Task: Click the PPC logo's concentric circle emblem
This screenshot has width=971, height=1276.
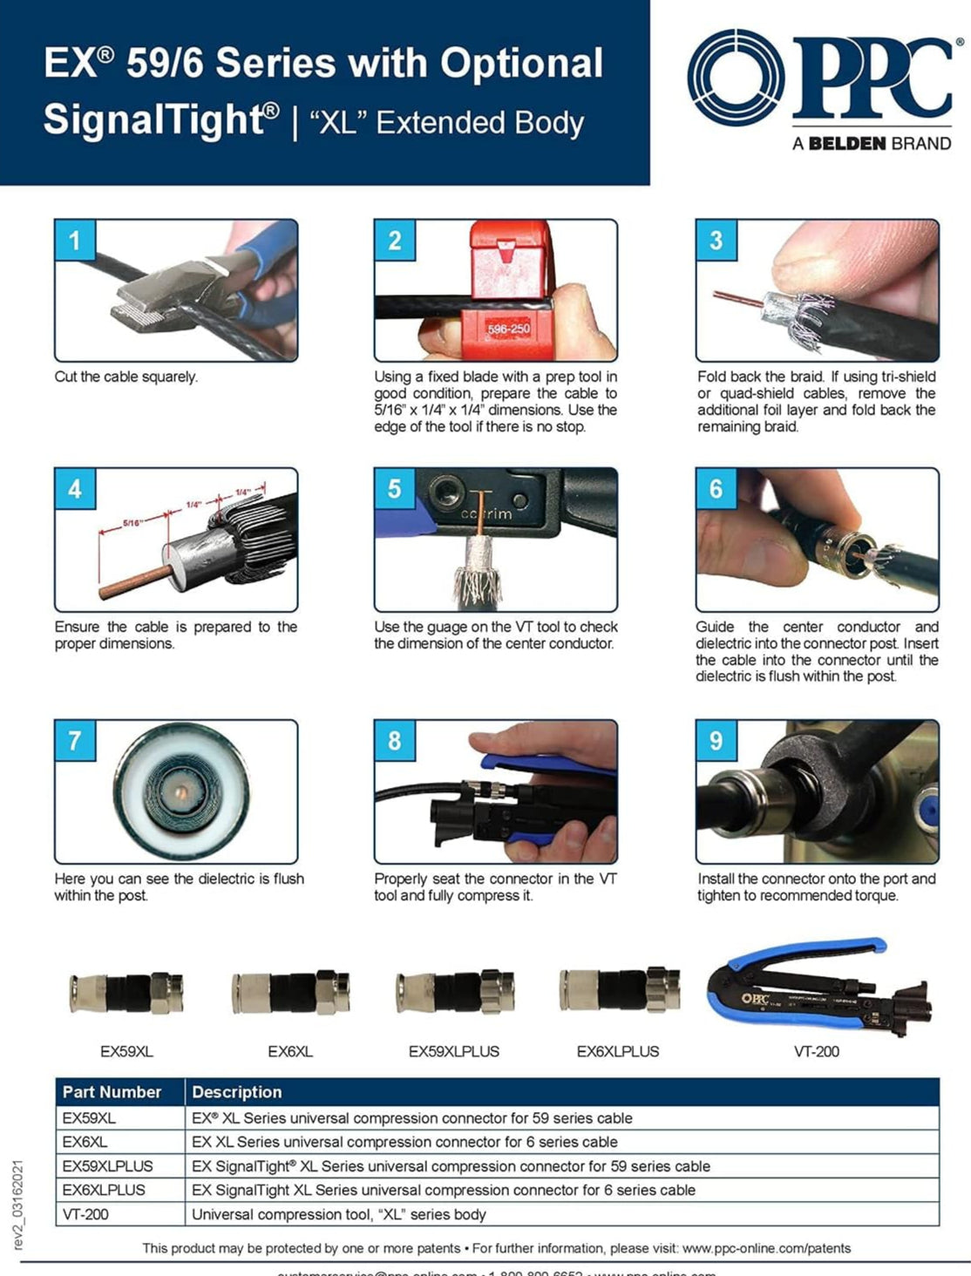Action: pyautogui.click(x=737, y=78)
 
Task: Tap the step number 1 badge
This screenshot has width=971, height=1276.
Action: pyautogui.click(x=74, y=241)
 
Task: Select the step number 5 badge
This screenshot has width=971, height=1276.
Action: pyautogui.click(x=394, y=489)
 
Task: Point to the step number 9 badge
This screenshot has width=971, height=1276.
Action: pyautogui.click(x=716, y=741)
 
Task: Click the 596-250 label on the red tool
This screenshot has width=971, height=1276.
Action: pyautogui.click(x=508, y=329)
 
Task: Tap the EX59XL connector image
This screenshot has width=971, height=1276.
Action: pyautogui.click(x=126, y=992)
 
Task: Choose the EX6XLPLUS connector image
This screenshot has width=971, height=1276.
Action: pyautogui.click(x=619, y=989)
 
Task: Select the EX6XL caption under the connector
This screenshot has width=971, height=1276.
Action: pyautogui.click(x=290, y=1052)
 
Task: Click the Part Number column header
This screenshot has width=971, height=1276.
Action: pyautogui.click(x=112, y=1092)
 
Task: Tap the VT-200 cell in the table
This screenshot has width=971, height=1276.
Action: pyautogui.click(x=85, y=1214)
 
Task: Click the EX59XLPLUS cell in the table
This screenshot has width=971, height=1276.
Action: pyautogui.click(x=107, y=1166)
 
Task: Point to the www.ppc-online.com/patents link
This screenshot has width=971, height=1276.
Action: pyautogui.click(x=766, y=1248)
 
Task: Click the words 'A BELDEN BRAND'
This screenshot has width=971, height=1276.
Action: pyautogui.click(x=871, y=144)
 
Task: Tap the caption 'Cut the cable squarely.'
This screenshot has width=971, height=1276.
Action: pyautogui.click(x=126, y=377)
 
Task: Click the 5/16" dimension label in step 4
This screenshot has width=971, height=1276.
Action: pyautogui.click(x=132, y=522)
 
